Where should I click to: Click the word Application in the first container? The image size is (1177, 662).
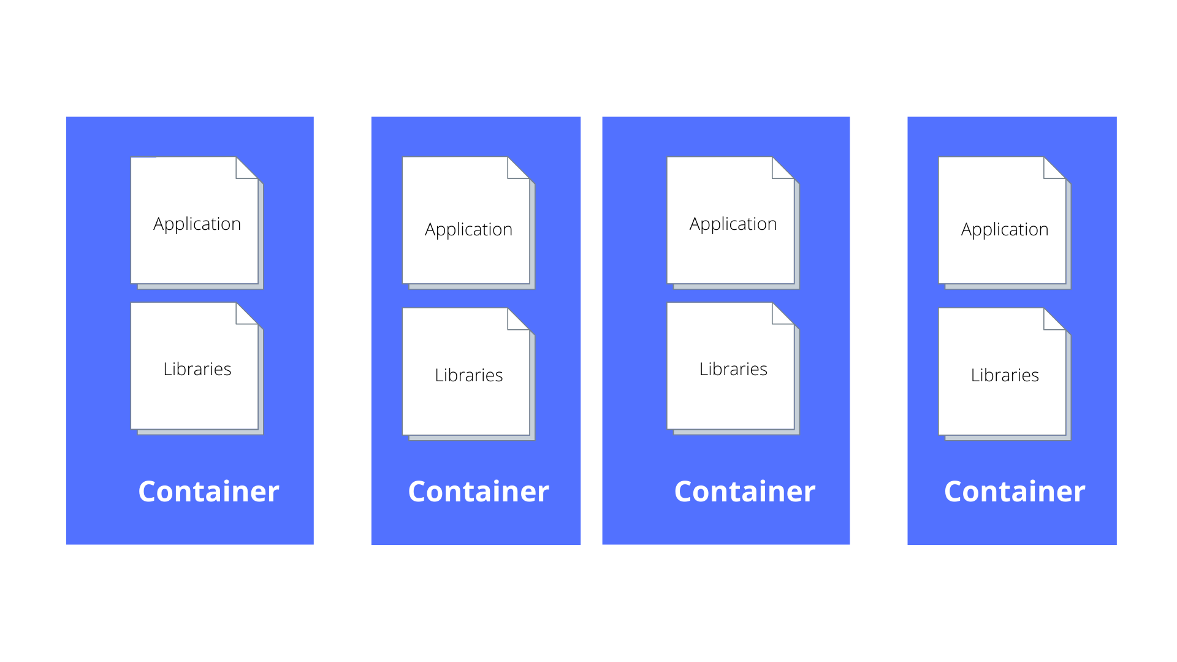tap(197, 224)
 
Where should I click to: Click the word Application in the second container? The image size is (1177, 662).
tap(468, 230)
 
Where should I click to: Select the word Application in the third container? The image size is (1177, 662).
tap(733, 224)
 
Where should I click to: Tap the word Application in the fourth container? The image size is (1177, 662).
tap(1005, 230)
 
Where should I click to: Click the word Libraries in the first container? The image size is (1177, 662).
tap(197, 369)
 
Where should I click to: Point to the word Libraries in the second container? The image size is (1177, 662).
tap(468, 375)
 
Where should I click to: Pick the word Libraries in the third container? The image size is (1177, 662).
tap(733, 369)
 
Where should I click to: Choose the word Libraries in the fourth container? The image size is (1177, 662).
tap(1005, 375)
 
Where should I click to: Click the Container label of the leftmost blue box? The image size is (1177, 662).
tap(208, 492)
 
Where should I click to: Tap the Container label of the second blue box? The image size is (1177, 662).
tap(478, 492)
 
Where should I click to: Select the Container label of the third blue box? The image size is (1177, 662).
tap(744, 492)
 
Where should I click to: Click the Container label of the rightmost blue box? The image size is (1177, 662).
tap(1015, 492)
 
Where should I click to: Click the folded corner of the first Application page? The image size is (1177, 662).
tap(245, 170)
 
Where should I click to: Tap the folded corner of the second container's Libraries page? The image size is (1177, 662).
tap(516, 321)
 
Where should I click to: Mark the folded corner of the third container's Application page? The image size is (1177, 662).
tap(780, 170)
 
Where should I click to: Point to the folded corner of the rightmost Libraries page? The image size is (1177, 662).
tap(1052, 321)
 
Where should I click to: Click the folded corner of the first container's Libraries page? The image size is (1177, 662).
tap(245, 315)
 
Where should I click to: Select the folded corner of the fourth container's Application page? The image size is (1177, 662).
tap(1052, 170)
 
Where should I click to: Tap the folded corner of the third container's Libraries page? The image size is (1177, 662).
tap(780, 315)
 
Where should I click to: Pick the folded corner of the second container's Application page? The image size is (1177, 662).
tap(516, 170)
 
